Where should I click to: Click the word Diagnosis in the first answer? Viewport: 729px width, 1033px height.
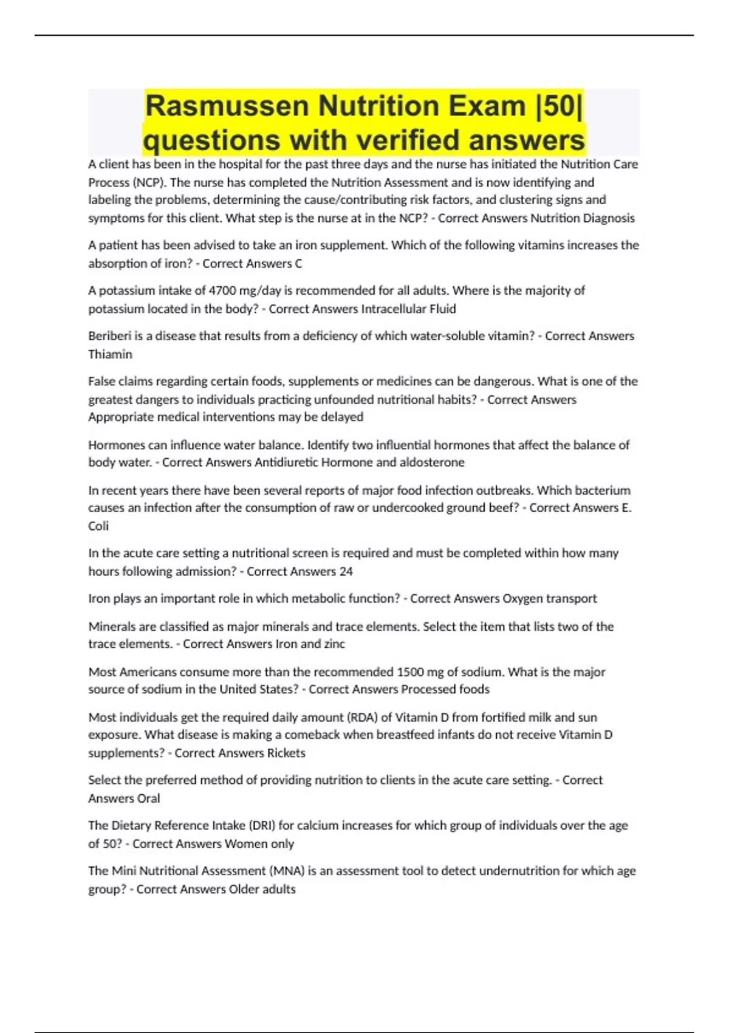(608, 218)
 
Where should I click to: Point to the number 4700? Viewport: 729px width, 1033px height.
(222, 290)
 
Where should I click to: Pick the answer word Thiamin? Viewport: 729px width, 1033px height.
(110, 354)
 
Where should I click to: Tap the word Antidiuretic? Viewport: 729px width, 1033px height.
(286, 462)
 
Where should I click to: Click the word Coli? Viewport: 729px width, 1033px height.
(98, 526)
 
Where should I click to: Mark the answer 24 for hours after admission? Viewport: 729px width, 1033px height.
(346, 571)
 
